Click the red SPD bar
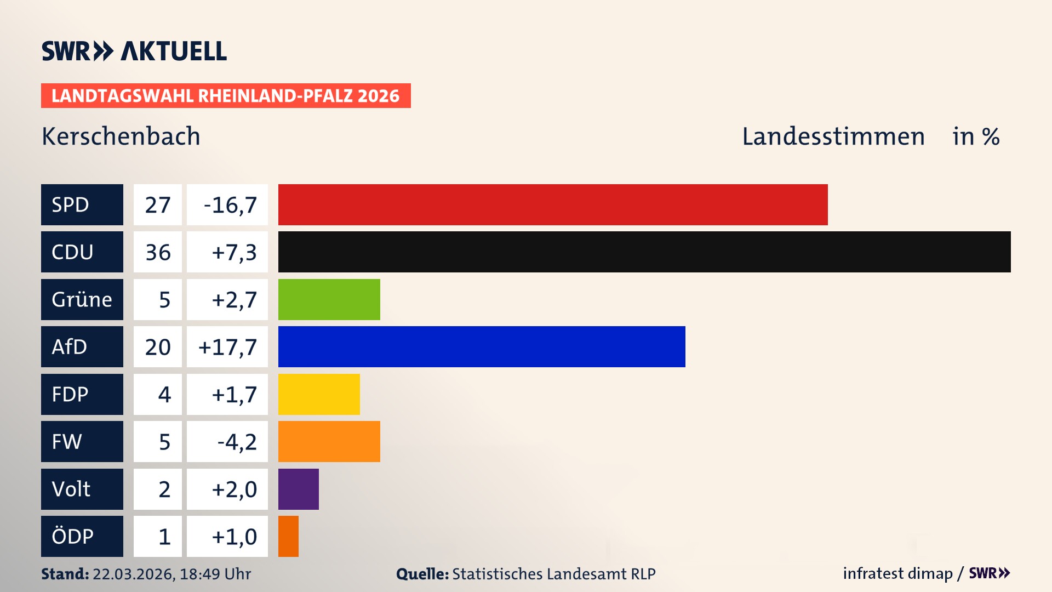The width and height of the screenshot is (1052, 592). (552, 204)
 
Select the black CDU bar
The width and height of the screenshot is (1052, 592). (644, 252)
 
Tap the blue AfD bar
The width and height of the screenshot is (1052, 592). (481, 346)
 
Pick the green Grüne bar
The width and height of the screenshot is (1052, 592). (329, 299)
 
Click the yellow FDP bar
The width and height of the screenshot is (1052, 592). (319, 394)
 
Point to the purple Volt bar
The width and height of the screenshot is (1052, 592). (298, 489)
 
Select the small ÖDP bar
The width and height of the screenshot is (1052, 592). (288, 536)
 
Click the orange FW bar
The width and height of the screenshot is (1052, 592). (329, 441)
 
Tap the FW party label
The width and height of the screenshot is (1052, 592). (82, 441)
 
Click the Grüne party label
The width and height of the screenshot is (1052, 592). (82, 299)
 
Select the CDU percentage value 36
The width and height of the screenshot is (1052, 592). (158, 252)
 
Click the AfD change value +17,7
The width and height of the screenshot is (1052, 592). (227, 347)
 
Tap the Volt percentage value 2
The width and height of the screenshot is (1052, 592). (164, 489)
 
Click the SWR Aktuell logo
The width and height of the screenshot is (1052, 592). (134, 51)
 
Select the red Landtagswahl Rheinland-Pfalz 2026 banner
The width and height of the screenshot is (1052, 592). (225, 95)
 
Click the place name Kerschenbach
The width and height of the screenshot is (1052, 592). (121, 136)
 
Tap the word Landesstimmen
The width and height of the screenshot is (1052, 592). (833, 136)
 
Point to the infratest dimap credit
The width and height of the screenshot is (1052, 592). (897, 573)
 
